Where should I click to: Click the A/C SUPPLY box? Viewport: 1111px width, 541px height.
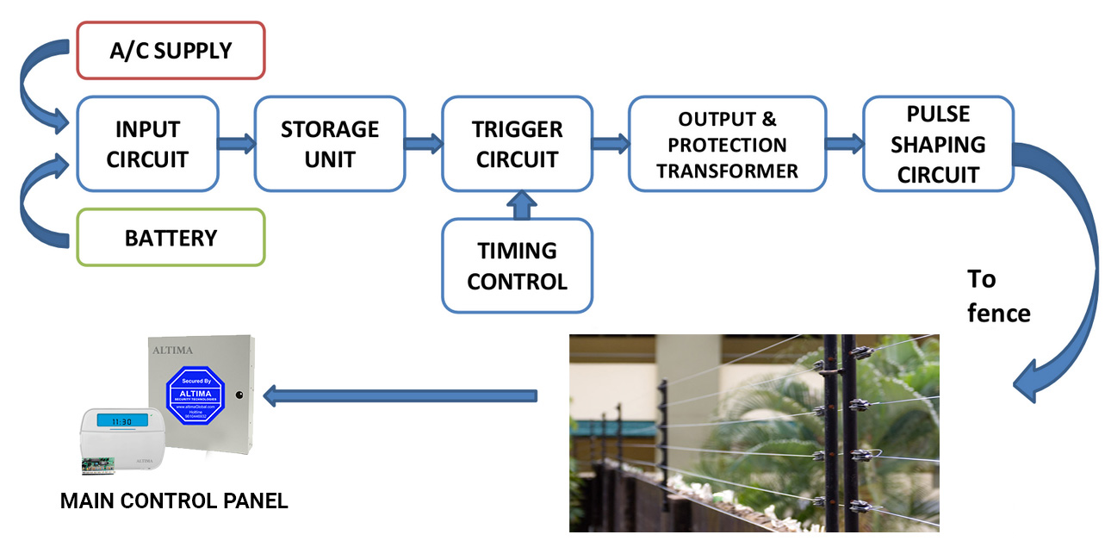coord(171,50)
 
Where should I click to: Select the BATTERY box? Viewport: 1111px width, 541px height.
coord(171,238)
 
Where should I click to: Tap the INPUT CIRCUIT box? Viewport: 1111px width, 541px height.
coord(147,144)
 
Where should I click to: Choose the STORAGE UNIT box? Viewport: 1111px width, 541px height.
coord(330,144)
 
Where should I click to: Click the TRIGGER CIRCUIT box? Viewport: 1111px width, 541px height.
coord(517,144)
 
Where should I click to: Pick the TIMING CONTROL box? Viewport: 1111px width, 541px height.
coord(517,265)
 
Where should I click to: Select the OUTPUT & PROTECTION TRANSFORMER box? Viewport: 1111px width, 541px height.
coord(727,144)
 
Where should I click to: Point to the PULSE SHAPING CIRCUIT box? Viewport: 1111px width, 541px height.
coord(938,144)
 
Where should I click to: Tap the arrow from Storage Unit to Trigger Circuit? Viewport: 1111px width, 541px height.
coord(423,144)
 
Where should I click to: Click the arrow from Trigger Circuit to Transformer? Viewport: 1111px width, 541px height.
coord(611,144)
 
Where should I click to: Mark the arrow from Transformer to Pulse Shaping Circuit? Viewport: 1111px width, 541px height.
coord(844,144)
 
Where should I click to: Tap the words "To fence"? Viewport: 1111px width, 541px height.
coord(997,295)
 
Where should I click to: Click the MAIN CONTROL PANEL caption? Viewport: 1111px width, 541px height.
coord(174,500)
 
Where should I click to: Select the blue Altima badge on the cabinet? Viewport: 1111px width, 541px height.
coord(194,394)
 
